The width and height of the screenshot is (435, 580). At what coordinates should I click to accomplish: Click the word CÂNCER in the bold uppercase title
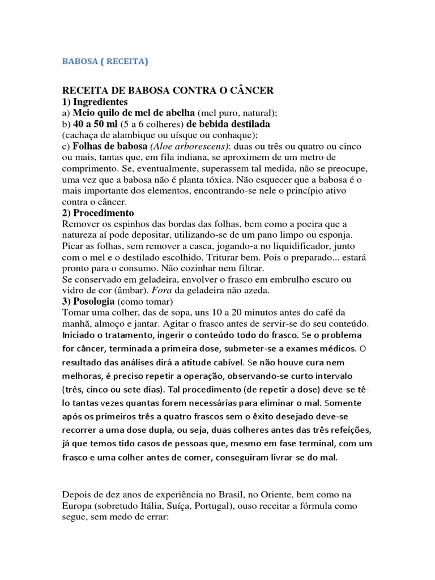[x=250, y=91]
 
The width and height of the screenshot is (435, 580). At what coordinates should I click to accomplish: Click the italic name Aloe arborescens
[x=172, y=146]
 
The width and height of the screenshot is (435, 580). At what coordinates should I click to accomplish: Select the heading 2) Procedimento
[x=97, y=212]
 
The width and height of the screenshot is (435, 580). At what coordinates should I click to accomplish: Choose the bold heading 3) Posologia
[x=87, y=301]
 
